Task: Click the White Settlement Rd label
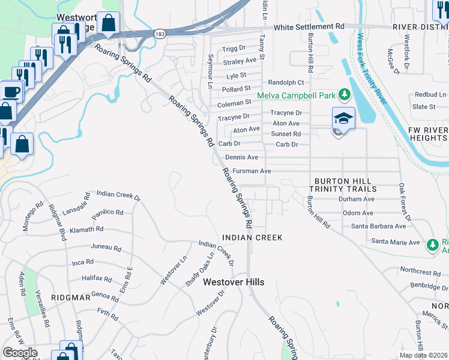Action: point(309,27)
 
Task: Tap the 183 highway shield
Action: point(159,34)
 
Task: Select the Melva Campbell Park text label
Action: point(297,95)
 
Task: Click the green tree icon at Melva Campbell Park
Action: point(345,94)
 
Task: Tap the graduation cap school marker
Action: point(344,118)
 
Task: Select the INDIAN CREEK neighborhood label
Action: point(252,238)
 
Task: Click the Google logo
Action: point(20,353)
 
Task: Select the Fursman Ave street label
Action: point(252,171)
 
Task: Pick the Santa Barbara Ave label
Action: point(378,226)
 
